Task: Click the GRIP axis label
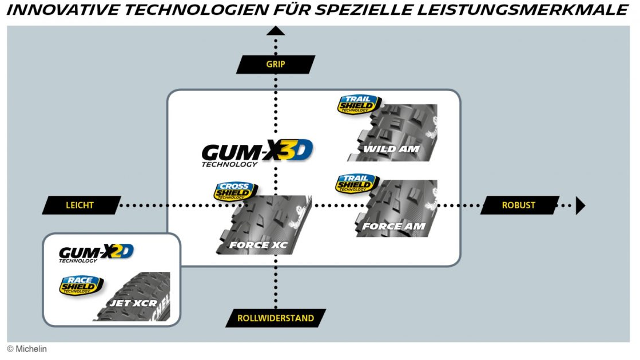276,64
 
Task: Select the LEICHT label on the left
81,205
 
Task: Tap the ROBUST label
519,205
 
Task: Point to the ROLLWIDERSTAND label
276,318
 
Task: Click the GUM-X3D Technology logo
257,152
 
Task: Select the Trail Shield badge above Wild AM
359,104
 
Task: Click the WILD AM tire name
392,149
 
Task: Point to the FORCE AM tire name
393,226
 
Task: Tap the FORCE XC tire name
258,246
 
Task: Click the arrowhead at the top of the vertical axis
276,31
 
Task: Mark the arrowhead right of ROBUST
580,205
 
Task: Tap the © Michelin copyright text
27,349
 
